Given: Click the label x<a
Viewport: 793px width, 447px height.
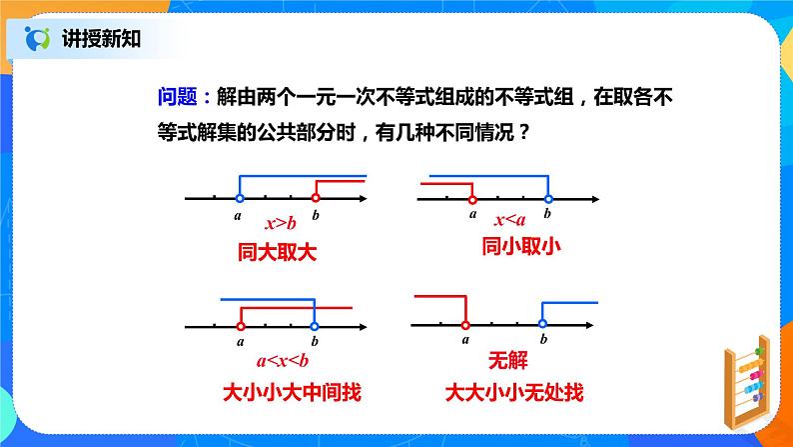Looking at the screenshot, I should (x=509, y=221).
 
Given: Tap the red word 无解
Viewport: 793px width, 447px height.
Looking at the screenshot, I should (x=505, y=361).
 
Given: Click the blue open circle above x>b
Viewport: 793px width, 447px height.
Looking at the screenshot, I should (x=239, y=198).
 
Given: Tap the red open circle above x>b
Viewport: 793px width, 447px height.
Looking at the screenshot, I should (x=315, y=198).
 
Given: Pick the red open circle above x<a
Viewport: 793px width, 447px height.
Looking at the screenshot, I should (x=471, y=198).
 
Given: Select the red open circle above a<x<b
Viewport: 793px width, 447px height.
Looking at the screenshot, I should (x=240, y=324).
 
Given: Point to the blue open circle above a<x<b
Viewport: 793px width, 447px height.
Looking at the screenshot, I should (x=315, y=324).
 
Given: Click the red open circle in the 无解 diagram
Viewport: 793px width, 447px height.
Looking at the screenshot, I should (x=465, y=323).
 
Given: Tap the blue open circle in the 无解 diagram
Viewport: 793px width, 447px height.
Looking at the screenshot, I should (x=542, y=323).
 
